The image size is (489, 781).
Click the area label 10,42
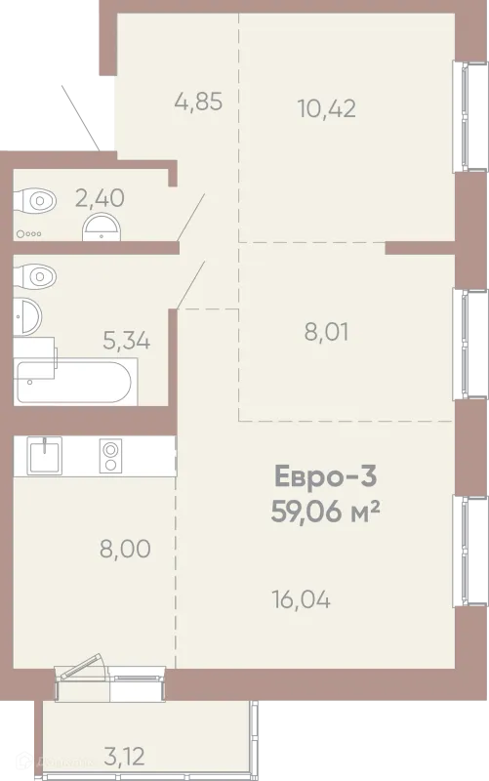pyautogui.click(x=327, y=108)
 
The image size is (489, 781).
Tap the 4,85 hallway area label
pyautogui.click(x=198, y=102)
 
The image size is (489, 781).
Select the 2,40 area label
pyautogui.click(x=100, y=198)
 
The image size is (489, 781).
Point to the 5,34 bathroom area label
pyautogui.click(x=127, y=341)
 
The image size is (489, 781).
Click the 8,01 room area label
pyautogui.click(x=326, y=332)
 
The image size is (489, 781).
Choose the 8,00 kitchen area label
pyautogui.click(x=125, y=549)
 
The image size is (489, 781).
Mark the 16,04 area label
pyautogui.click(x=302, y=599)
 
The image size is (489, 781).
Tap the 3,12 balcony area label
pyautogui.click(x=125, y=756)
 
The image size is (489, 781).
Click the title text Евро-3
pyautogui.click(x=326, y=475)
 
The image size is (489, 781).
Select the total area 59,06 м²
pyautogui.click(x=326, y=511)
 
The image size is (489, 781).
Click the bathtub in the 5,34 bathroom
pyautogui.click(x=75, y=382)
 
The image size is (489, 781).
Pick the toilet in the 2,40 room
pyautogui.click(x=34, y=201)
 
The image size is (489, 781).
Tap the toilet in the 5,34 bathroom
pyautogui.click(x=34, y=275)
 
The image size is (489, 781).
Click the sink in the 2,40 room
pyautogui.click(x=102, y=227)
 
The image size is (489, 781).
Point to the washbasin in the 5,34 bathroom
pyautogui.click(x=27, y=316)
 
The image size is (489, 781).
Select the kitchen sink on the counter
pyautogui.click(x=45, y=456)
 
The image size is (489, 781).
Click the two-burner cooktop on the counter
pyautogui.click(x=110, y=456)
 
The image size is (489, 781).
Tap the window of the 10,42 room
pyautogui.click(x=469, y=116)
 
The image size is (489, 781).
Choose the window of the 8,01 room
pyautogui.click(x=469, y=345)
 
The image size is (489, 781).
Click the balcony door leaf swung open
pyautogui.click(x=83, y=666)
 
